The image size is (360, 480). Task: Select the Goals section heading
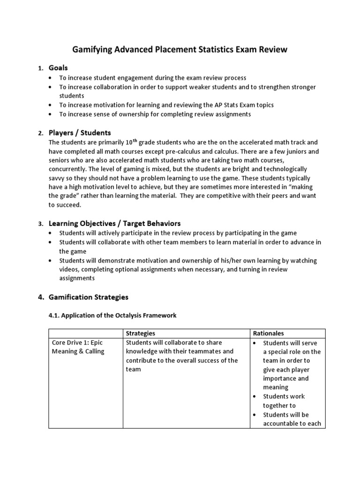coord(59,68)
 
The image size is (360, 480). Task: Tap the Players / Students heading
coord(80,133)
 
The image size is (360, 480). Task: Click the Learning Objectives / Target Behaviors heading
coord(114,224)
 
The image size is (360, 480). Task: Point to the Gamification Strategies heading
coord(88,297)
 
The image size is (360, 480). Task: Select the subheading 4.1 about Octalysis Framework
coord(112,315)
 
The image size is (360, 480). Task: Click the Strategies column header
coord(141,333)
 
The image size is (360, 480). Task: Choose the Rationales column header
coord(269,333)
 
